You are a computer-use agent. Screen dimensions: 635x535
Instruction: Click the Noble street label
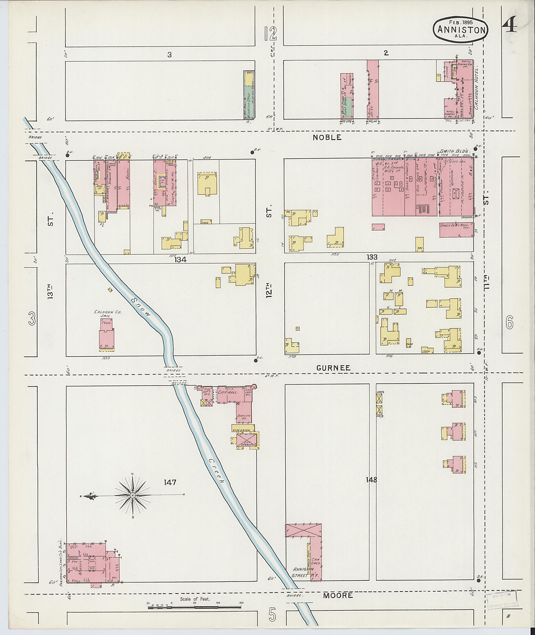(x=327, y=137)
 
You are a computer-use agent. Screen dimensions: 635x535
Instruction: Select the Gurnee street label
(x=333, y=368)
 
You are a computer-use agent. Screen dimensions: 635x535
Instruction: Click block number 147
(x=170, y=482)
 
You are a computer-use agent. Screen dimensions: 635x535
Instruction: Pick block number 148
(x=371, y=480)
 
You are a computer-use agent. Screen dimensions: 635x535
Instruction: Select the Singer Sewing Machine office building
(x=456, y=230)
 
